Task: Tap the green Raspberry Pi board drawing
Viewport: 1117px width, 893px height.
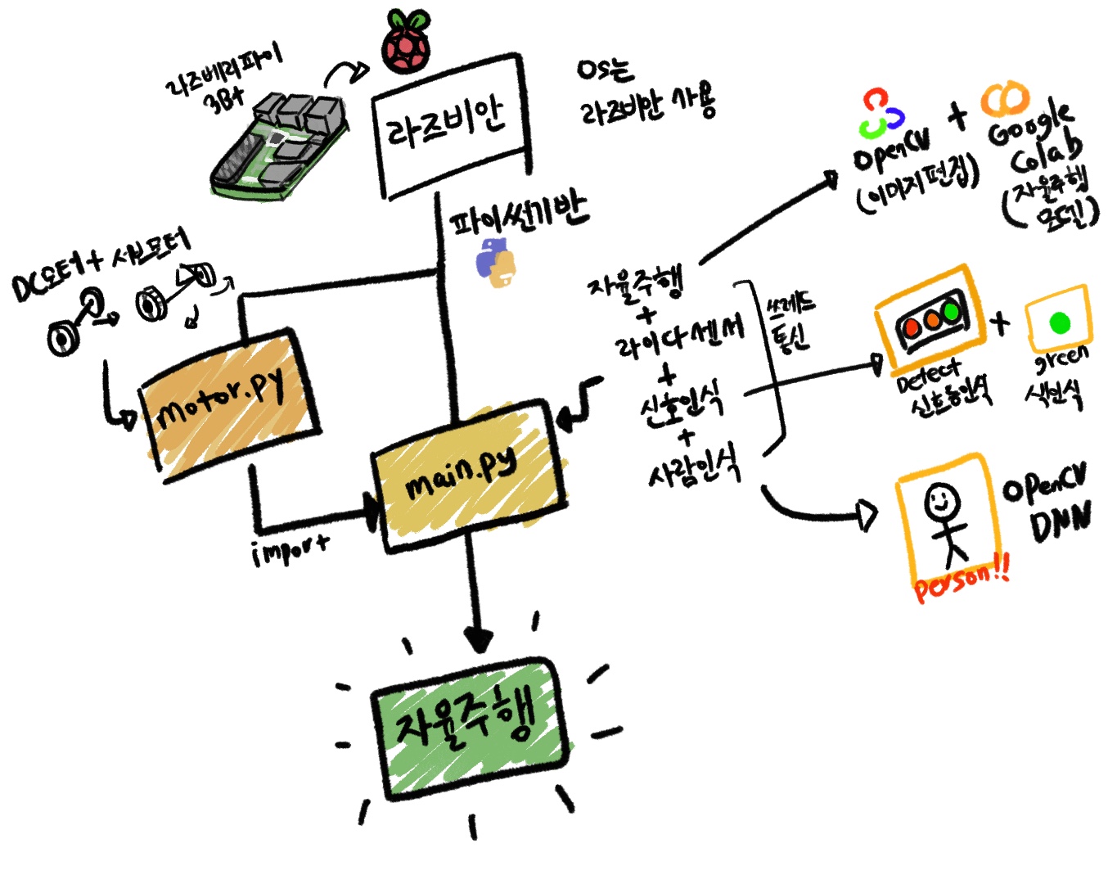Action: point(279,147)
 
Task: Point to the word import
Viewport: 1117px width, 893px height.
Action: point(291,549)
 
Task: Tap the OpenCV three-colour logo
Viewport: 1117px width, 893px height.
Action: point(881,114)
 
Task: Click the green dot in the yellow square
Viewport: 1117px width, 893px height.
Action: point(1059,322)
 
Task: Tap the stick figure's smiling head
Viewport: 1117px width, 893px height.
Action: point(941,499)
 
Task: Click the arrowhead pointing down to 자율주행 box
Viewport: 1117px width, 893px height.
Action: point(478,638)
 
